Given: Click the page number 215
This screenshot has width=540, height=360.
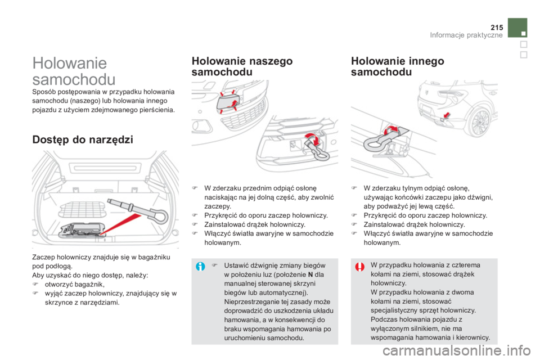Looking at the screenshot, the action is [x=497, y=28].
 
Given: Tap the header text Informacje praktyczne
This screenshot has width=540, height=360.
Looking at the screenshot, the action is [x=466, y=35].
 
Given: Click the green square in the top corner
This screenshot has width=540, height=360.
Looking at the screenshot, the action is [x=517, y=28].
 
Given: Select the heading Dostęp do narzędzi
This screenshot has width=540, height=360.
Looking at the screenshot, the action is [x=83, y=140].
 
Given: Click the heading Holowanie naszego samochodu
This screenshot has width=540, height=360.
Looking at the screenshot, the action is [x=242, y=66].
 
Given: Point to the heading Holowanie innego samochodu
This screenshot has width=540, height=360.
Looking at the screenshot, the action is [x=398, y=66].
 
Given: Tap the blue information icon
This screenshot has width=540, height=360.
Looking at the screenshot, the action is [x=200, y=266].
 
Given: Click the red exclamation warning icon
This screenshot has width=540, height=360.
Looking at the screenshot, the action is [x=360, y=267].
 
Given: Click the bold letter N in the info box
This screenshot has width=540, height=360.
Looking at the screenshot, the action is [x=310, y=274].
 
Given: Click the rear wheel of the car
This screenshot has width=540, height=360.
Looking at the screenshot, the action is [x=480, y=122].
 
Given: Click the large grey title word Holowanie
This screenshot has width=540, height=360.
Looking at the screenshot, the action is [x=70, y=64].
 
